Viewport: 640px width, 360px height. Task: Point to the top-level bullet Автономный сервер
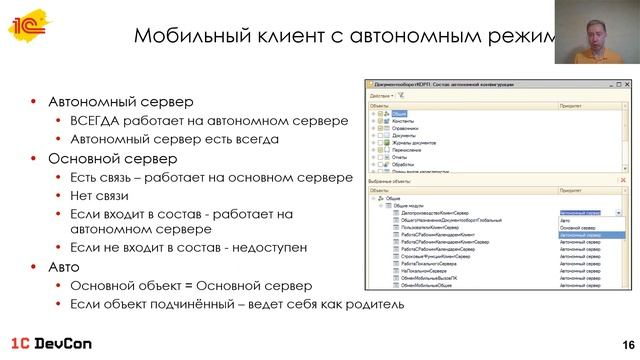click(119, 103)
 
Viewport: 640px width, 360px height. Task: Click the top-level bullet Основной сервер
click(111, 159)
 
